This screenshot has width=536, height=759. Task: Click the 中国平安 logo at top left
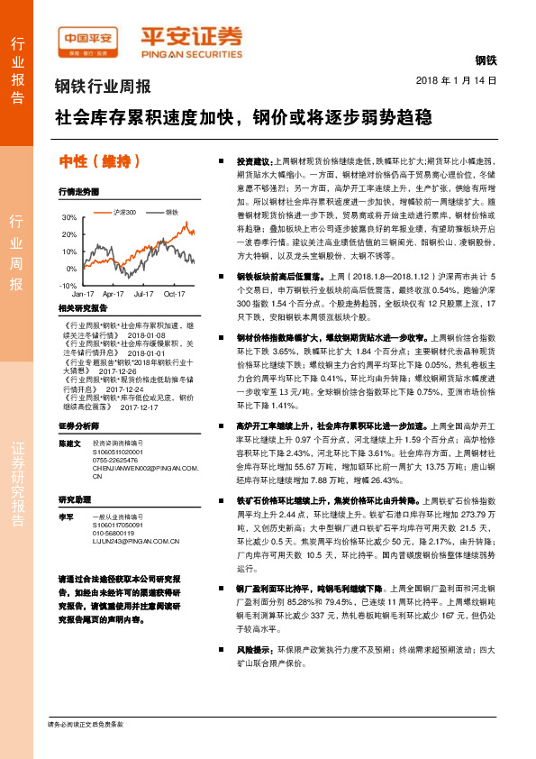coord(88,39)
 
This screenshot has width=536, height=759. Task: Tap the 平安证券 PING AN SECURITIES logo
coord(190,39)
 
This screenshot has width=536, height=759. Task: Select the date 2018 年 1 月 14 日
coord(457,80)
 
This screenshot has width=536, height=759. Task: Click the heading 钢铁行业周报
coord(103,87)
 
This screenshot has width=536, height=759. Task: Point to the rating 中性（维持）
coord(99,161)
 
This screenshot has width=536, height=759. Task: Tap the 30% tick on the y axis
coord(69,218)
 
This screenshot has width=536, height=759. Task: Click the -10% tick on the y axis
coord(68,285)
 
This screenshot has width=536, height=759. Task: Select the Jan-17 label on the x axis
coord(84,294)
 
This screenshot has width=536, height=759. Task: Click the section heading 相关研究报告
coord(83,307)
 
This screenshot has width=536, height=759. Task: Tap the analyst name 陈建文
coord(70,444)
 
